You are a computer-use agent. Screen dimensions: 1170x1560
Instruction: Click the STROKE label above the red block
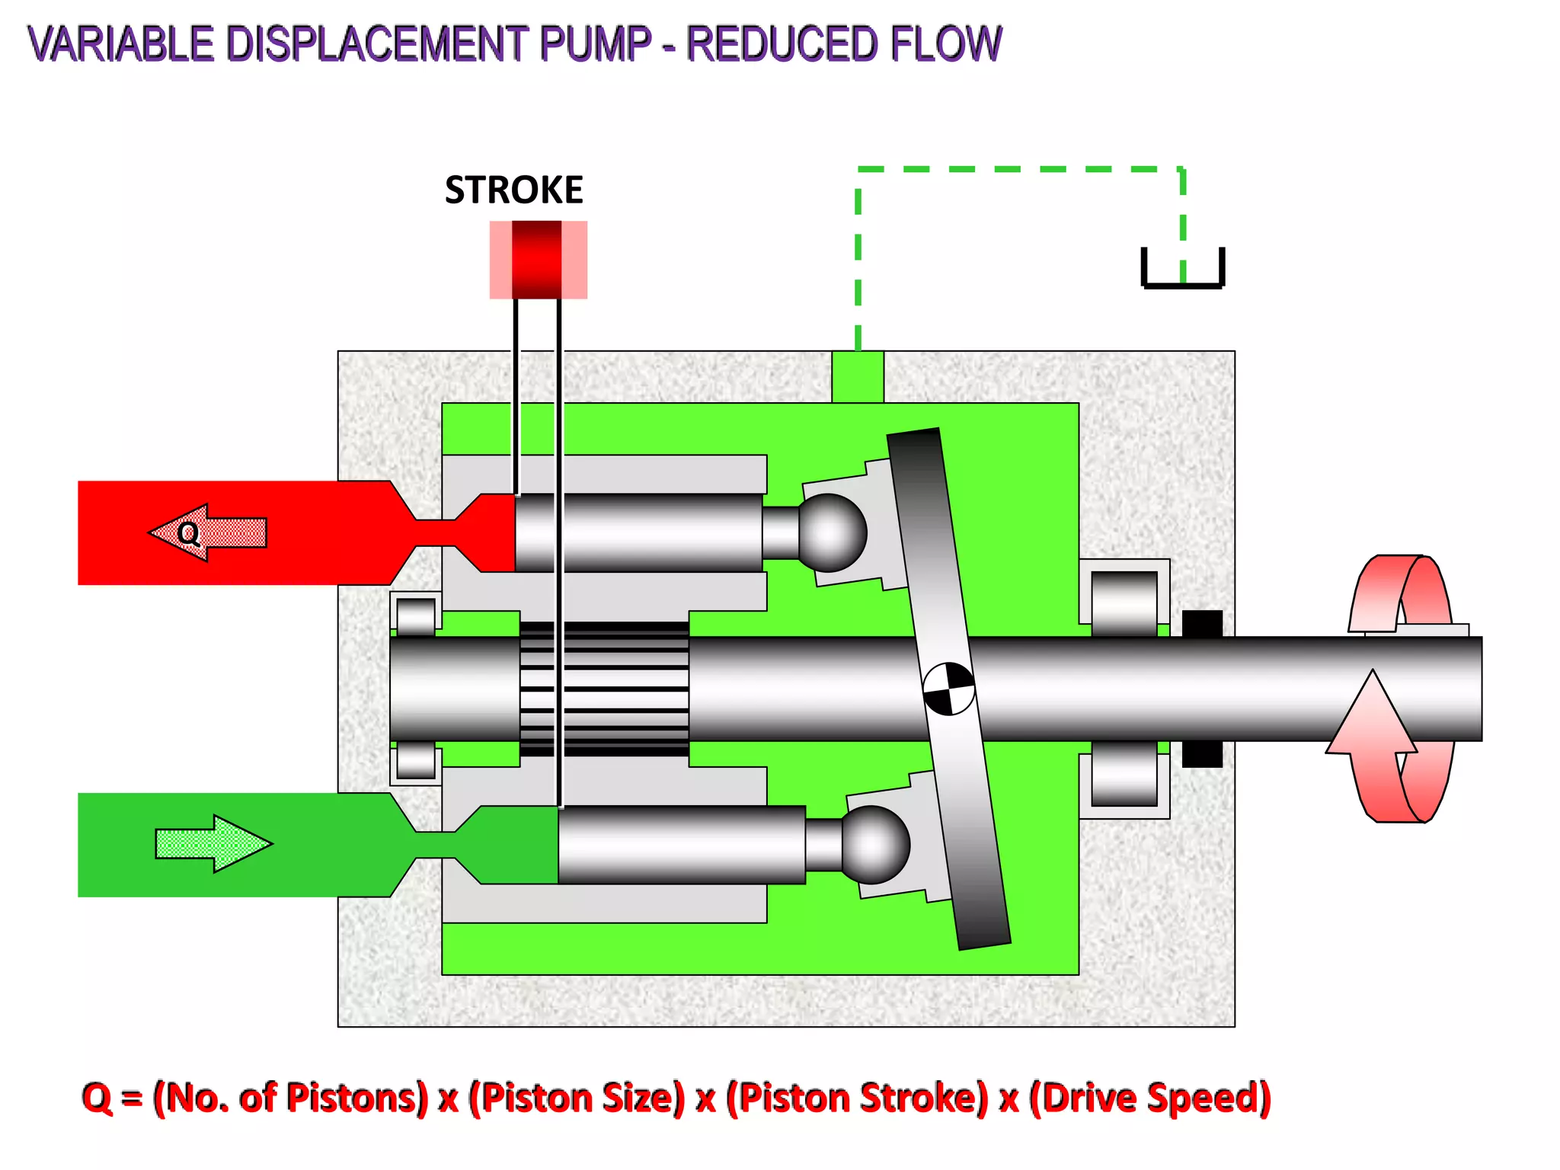(x=513, y=190)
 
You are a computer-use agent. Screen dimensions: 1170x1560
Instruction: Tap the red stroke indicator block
(x=537, y=260)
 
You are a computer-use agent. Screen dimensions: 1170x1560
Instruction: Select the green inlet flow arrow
(x=213, y=843)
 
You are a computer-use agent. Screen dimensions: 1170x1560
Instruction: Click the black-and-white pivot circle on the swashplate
(x=948, y=689)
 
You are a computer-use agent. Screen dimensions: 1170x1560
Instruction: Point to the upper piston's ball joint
(x=832, y=532)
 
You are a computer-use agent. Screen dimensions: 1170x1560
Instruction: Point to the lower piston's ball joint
(x=875, y=845)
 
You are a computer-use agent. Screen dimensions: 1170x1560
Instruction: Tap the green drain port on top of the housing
(x=858, y=376)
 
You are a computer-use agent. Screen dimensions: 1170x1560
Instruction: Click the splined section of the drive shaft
(x=604, y=689)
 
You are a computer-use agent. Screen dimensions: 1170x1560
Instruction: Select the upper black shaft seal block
(x=1202, y=623)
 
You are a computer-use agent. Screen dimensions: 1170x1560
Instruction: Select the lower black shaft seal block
(x=1202, y=754)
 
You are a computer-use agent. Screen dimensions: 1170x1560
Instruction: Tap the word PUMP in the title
(x=595, y=43)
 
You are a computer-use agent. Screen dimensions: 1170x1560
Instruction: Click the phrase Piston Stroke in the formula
(x=857, y=1098)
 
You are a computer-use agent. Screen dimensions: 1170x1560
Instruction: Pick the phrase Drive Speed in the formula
(x=1150, y=1098)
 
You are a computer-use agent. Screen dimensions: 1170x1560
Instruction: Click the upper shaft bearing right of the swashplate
(x=1124, y=602)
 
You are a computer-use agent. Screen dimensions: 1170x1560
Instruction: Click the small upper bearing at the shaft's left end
(x=416, y=615)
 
